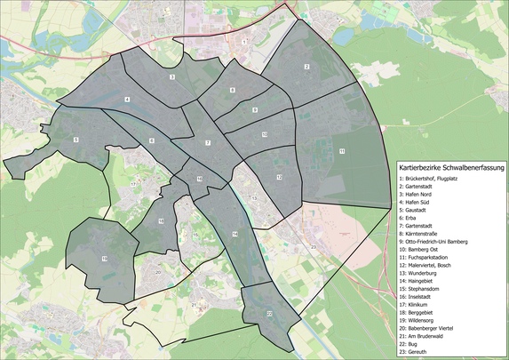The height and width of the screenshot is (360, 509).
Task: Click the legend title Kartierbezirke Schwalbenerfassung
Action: pyautogui.click(x=451, y=167)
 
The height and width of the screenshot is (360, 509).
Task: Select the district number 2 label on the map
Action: pyautogui.click(x=306, y=68)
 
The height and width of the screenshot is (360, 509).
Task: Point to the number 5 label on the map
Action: pyautogui.click(x=76, y=140)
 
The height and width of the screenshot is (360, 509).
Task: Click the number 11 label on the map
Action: pyautogui.click(x=341, y=151)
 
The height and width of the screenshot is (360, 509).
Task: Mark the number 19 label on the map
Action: pyautogui.click(x=104, y=259)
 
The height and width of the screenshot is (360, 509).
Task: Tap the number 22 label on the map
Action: pyautogui.click(x=269, y=314)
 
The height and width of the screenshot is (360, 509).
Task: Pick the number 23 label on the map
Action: pyautogui.click(x=313, y=244)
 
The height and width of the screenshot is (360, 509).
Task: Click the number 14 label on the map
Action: pyautogui.click(x=235, y=234)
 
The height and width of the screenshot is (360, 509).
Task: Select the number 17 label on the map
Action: pyautogui.click(x=133, y=183)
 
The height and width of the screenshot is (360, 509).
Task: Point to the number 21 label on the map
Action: pyautogui.click(x=193, y=304)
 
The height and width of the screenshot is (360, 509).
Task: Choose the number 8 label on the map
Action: pyautogui.click(x=233, y=91)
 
